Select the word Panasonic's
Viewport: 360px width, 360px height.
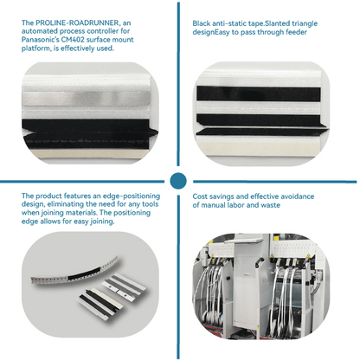tap(41, 40)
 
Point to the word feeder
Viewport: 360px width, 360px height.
tap(296, 32)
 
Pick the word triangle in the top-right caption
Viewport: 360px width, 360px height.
tap(305, 24)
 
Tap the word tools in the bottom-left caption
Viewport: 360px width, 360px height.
tap(150, 204)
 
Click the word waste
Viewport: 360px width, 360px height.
tap(270, 205)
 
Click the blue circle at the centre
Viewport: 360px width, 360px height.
tap(178, 181)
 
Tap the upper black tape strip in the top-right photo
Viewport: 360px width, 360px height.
tap(259, 93)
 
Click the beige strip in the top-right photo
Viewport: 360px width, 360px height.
tap(258, 143)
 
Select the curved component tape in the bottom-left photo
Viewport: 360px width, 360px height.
tap(74, 272)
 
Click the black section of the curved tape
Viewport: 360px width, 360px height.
tap(85, 273)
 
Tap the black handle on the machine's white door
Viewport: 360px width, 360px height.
tap(258, 263)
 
